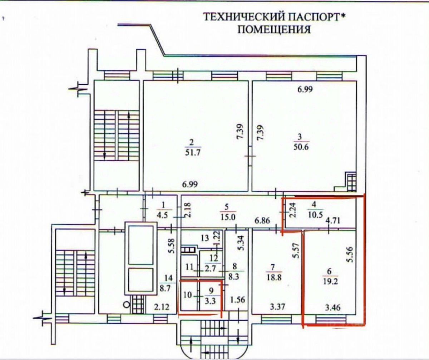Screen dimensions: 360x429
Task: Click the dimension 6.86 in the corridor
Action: pos(262,221)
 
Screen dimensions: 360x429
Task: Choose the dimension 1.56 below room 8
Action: pos(237,300)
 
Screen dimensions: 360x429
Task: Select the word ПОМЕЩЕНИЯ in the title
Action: pos(274,29)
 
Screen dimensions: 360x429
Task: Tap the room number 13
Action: pos(204,238)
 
